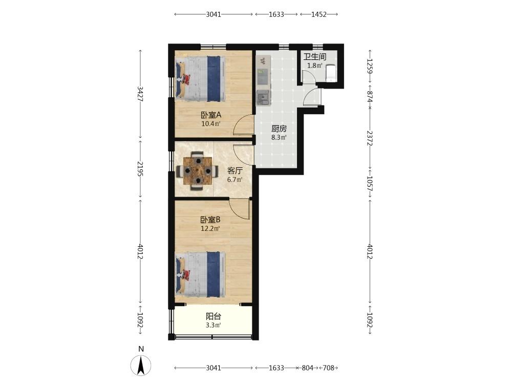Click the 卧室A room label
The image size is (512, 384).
[x=211, y=115]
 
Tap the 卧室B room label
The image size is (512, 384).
[x=210, y=220]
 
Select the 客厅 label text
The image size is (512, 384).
[x=235, y=171]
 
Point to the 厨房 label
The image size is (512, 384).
[x=279, y=129]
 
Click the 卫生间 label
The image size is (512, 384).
[x=315, y=57]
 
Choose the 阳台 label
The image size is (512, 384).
[x=214, y=316]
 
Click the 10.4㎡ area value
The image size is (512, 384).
[x=211, y=124]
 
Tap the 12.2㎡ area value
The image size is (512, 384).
[x=210, y=228]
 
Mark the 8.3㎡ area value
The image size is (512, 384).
[x=279, y=137]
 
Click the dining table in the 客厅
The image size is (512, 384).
[x=198, y=170]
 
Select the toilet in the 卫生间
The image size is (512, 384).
[x=331, y=73]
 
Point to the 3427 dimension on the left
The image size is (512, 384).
[x=140, y=94]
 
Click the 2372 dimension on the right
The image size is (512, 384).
[x=370, y=138]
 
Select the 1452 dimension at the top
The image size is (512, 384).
[x=319, y=14]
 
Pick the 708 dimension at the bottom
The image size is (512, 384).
[x=329, y=368]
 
